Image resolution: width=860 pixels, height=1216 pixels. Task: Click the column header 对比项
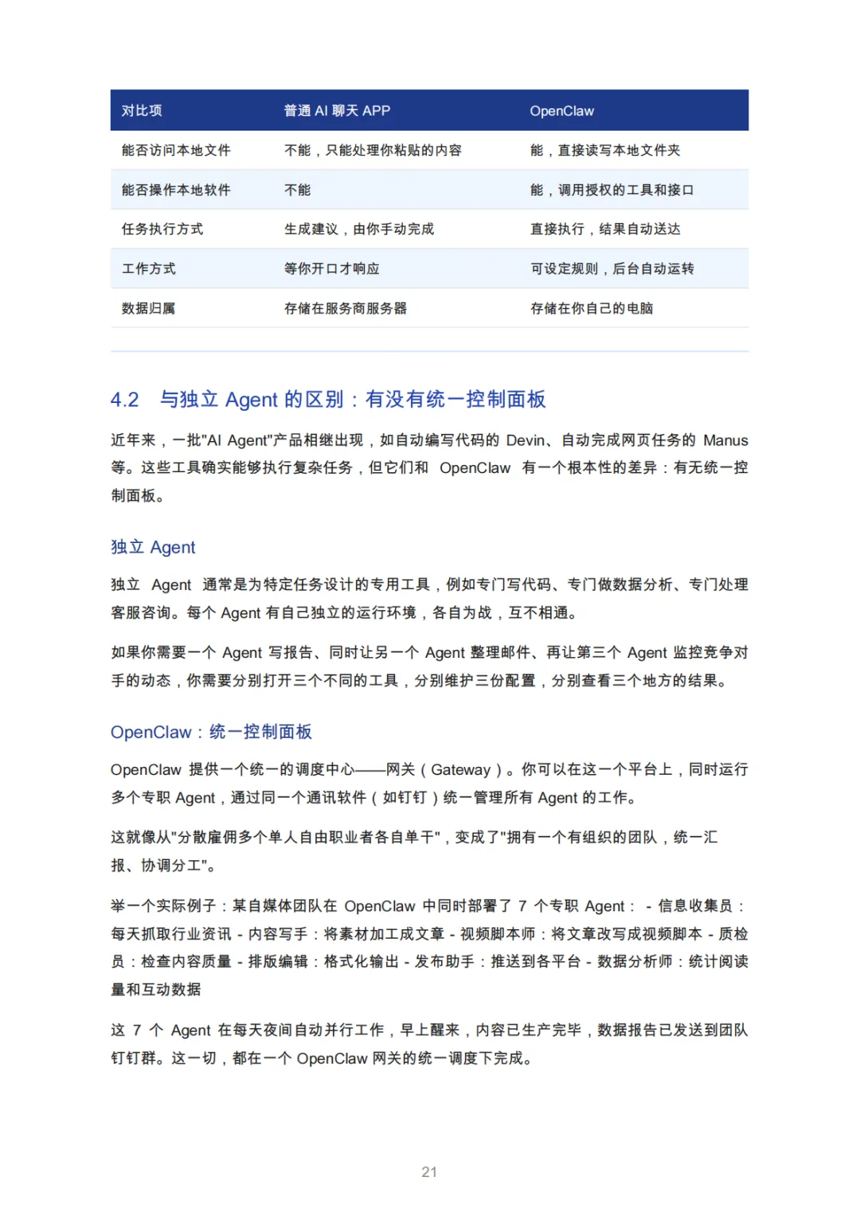(x=142, y=111)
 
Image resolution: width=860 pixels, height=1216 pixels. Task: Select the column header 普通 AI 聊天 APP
(x=337, y=111)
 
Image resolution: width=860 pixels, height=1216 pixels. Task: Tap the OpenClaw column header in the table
(x=561, y=111)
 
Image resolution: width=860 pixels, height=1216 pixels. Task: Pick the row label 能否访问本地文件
(x=176, y=151)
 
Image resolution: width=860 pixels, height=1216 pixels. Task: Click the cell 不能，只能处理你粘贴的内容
(x=373, y=151)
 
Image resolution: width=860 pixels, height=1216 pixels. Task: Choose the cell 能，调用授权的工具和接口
(x=612, y=190)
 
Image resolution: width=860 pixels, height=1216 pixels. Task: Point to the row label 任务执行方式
(x=162, y=229)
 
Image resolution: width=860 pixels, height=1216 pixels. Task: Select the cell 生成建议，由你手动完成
(x=359, y=229)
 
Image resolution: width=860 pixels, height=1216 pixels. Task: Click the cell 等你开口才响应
(x=332, y=268)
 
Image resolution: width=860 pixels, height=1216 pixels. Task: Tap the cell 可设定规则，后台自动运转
(x=612, y=268)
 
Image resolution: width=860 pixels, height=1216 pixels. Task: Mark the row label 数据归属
(x=148, y=308)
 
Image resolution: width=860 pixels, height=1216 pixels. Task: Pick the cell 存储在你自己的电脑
(x=592, y=308)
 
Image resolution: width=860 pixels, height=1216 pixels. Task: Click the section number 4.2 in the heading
(x=125, y=399)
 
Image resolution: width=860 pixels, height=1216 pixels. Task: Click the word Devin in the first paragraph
(x=526, y=440)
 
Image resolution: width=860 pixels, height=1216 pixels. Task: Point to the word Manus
(x=725, y=440)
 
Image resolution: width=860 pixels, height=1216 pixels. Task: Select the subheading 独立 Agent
(x=153, y=547)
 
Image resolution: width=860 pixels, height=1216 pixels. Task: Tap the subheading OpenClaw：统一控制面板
(x=211, y=732)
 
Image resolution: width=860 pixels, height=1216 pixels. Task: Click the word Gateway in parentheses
(x=460, y=769)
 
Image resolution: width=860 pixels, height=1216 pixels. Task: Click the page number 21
(x=429, y=1171)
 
